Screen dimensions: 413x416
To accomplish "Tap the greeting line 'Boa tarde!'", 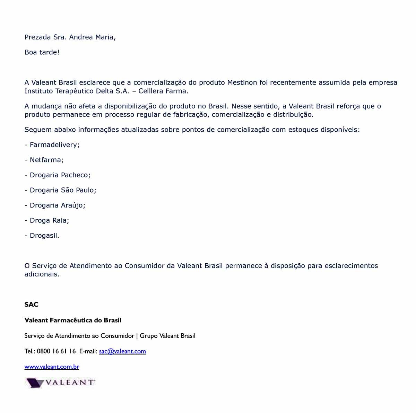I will click(42, 52).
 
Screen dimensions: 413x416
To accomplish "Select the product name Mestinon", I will click(242, 82).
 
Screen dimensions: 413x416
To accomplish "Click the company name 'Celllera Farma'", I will click(163, 91).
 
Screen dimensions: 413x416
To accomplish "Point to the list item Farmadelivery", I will click(54, 145).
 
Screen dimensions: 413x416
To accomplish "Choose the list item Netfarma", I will click(46, 160).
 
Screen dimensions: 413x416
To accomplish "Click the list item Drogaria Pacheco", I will click(60, 175).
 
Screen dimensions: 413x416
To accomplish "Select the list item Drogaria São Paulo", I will click(63, 190).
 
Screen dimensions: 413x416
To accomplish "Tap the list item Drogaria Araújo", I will click(57, 205).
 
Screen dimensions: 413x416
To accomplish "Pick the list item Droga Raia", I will click(49, 220).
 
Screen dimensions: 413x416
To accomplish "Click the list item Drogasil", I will click(44, 236).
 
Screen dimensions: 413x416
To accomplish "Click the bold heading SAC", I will click(32, 305).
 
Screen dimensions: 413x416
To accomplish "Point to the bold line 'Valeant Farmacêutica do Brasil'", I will click(73, 320).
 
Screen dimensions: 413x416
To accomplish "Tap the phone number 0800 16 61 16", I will click(56, 351).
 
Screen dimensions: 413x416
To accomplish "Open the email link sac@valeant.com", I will click(122, 351).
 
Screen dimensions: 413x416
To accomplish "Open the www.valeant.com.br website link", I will click(52, 367).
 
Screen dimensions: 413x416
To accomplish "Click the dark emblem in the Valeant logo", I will click(35, 383).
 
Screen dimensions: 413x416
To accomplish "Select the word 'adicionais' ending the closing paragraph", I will click(42, 274).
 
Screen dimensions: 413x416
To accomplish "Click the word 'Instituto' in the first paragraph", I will click(38, 91).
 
